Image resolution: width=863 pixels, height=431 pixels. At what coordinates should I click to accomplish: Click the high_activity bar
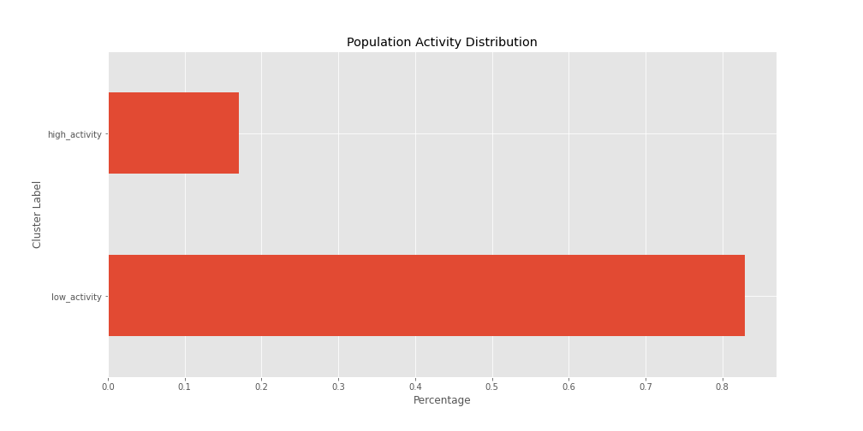coord(174,133)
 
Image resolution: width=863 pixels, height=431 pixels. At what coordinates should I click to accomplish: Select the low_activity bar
coord(426,296)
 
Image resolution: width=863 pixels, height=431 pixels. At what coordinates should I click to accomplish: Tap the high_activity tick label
coord(74,134)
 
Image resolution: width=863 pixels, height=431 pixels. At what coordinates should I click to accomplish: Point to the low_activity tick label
coord(76,297)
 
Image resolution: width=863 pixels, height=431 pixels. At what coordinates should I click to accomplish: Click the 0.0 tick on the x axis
coord(108,387)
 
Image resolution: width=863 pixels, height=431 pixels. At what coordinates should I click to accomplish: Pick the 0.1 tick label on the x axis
coord(185,387)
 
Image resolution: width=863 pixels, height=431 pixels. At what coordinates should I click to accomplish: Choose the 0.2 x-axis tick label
coord(261,387)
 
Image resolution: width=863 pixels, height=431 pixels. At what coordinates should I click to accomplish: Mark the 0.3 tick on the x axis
coord(338,387)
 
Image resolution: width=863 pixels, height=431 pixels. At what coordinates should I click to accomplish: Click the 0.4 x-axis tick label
coord(415,387)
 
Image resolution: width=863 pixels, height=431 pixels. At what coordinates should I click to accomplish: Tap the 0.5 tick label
coord(491,387)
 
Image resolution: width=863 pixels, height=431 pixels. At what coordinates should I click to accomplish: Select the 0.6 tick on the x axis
coord(568,387)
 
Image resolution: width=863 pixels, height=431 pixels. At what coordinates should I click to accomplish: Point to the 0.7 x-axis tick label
coord(646,387)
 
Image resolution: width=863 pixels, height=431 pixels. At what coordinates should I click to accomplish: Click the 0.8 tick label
coord(722,387)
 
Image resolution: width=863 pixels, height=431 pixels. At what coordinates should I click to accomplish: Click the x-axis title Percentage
coord(442,400)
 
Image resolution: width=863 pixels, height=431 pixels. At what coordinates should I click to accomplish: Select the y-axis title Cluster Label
coord(38,214)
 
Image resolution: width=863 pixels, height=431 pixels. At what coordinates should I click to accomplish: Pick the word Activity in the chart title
coord(437,43)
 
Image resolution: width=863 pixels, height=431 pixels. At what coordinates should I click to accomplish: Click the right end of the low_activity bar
coord(744,296)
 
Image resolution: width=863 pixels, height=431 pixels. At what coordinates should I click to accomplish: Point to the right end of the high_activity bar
coord(238,133)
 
